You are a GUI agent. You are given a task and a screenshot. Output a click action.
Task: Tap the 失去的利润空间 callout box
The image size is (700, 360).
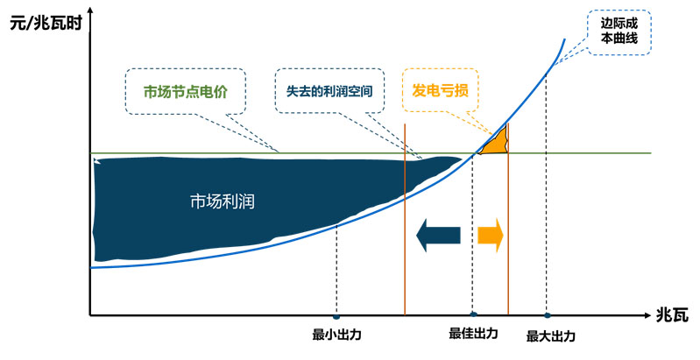click(x=329, y=90)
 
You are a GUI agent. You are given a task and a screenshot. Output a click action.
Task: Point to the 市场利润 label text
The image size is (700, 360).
click(x=222, y=200)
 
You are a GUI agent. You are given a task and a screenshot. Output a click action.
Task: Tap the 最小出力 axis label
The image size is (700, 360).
click(x=336, y=334)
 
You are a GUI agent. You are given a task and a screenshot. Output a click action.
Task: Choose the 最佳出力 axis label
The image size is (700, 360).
click(x=473, y=334)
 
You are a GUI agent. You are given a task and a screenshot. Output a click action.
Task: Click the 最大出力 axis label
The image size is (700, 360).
click(x=551, y=335)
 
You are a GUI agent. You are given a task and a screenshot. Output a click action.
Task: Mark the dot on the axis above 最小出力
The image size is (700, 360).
click(x=336, y=315)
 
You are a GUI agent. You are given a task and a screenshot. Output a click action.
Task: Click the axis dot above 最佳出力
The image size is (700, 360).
click(x=473, y=314)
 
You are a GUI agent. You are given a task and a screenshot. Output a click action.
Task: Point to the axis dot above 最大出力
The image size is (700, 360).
click(x=547, y=315)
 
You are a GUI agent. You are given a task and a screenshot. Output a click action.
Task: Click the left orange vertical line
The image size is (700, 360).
click(x=405, y=219)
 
